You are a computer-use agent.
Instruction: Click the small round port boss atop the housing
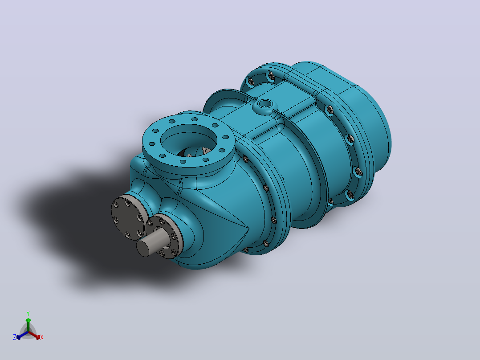point(264,105)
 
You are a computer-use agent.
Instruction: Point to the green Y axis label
point(28,314)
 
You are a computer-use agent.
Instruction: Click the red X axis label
point(42,337)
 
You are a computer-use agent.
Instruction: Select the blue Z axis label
point(14,337)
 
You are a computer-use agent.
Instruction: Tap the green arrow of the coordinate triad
point(28,325)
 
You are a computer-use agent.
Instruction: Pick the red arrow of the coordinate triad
point(35,335)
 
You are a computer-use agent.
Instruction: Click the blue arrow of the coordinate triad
point(22,335)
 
